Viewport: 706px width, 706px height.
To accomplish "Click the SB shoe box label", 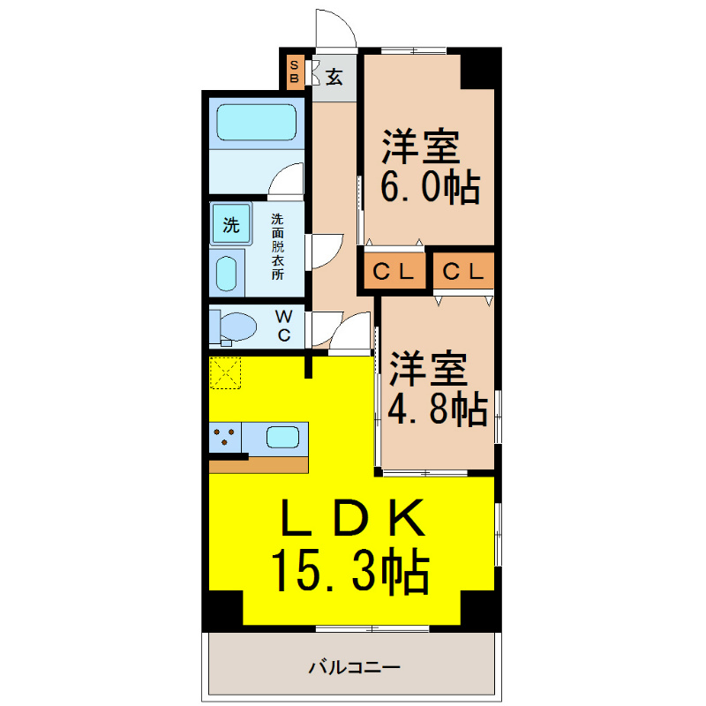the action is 295,71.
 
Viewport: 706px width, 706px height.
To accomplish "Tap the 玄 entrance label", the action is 334,77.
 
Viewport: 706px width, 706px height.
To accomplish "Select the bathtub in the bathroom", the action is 257,123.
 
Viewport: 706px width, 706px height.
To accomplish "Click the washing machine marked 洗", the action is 231,224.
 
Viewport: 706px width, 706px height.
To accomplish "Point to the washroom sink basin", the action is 227,274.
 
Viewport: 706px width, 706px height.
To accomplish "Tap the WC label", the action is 283,326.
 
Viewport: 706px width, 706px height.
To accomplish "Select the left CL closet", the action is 394,271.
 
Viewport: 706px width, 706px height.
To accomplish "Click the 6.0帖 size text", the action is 431,187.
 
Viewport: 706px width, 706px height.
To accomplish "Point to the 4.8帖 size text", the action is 438,409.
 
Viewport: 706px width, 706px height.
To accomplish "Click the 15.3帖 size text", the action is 350,570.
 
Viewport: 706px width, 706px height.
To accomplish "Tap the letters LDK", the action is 352,517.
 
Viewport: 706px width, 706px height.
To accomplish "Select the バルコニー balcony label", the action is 355,667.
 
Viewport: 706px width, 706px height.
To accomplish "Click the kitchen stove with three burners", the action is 225,437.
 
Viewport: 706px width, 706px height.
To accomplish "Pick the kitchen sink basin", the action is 282,437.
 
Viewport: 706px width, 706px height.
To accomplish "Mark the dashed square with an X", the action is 226,372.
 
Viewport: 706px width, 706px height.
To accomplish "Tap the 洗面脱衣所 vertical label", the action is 277,247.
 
